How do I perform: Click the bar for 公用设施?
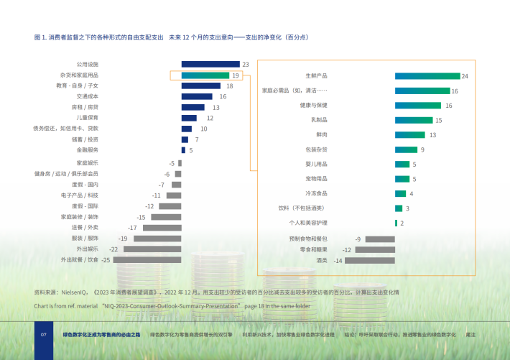click(x=210, y=64)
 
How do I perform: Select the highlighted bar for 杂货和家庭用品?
click(x=205, y=75)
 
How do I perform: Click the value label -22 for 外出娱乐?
click(x=113, y=249)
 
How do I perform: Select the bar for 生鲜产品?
click(x=427, y=75)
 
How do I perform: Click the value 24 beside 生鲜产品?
click(x=465, y=75)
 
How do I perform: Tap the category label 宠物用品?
click(x=316, y=178)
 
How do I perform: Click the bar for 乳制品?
click(x=414, y=120)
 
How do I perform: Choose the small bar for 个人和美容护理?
click(x=396, y=223)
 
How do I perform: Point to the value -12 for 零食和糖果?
click(x=346, y=249)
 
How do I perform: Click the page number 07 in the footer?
click(x=43, y=335)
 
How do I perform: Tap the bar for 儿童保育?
click(x=189, y=118)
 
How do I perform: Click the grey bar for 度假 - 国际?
click(x=170, y=206)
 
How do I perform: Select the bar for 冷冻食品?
click(x=400, y=193)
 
